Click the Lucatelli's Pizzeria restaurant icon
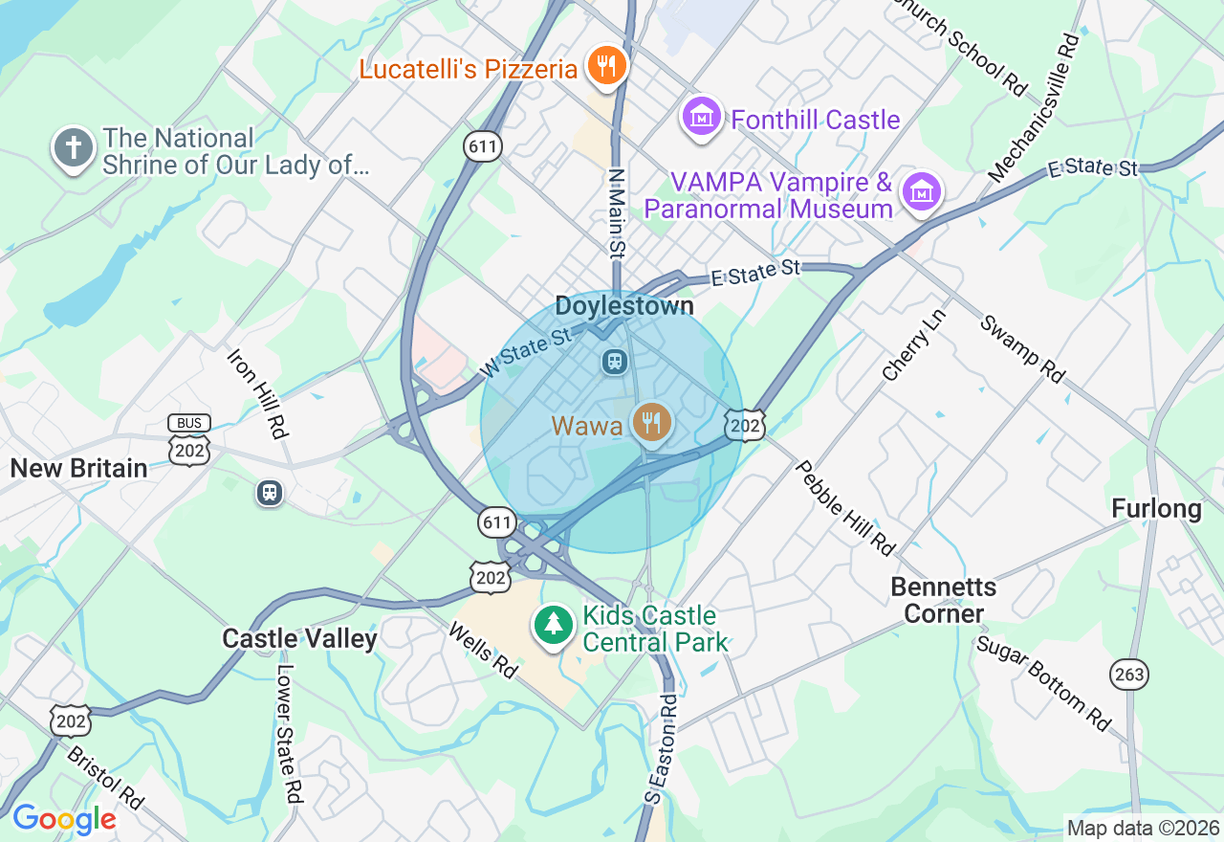[x=606, y=66]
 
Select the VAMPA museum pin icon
[x=922, y=192]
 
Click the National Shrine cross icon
[x=74, y=148]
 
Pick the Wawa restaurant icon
[x=652, y=422]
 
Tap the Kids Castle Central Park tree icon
[x=553, y=625]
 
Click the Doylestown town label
[x=624, y=306]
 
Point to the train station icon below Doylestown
[x=614, y=362]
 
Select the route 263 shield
[x=1129, y=675]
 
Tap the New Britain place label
[x=78, y=468]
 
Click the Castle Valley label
[x=299, y=638]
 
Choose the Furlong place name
[x=1156, y=508]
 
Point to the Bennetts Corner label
[x=944, y=600]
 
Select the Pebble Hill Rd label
[x=845, y=508]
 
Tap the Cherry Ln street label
[x=914, y=344]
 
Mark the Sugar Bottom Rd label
[x=1043, y=683]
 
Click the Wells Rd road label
[x=483, y=652]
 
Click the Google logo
[x=64, y=819]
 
